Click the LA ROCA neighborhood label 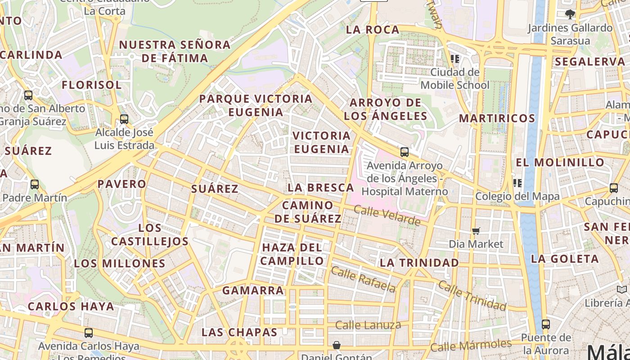(x=373, y=30)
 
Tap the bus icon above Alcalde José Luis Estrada (x=124, y=119)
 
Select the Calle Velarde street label (x=387, y=216)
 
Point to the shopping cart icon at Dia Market (x=476, y=231)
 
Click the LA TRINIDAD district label (x=419, y=263)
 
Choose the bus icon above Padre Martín (x=35, y=184)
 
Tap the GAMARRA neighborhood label (x=253, y=291)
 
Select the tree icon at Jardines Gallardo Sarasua (x=570, y=14)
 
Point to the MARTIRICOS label (x=497, y=119)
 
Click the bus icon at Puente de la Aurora (x=546, y=324)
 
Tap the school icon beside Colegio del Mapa (x=517, y=183)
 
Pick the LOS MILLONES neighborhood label (x=120, y=264)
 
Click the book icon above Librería (x=622, y=289)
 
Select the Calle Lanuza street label (x=368, y=325)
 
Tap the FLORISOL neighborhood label (x=92, y=85)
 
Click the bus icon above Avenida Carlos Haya (x=89, y=333)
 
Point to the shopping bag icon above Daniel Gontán (x=337, y=345)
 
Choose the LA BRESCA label (x=321, y=188)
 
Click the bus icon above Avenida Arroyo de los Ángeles (x=405, y=152)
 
